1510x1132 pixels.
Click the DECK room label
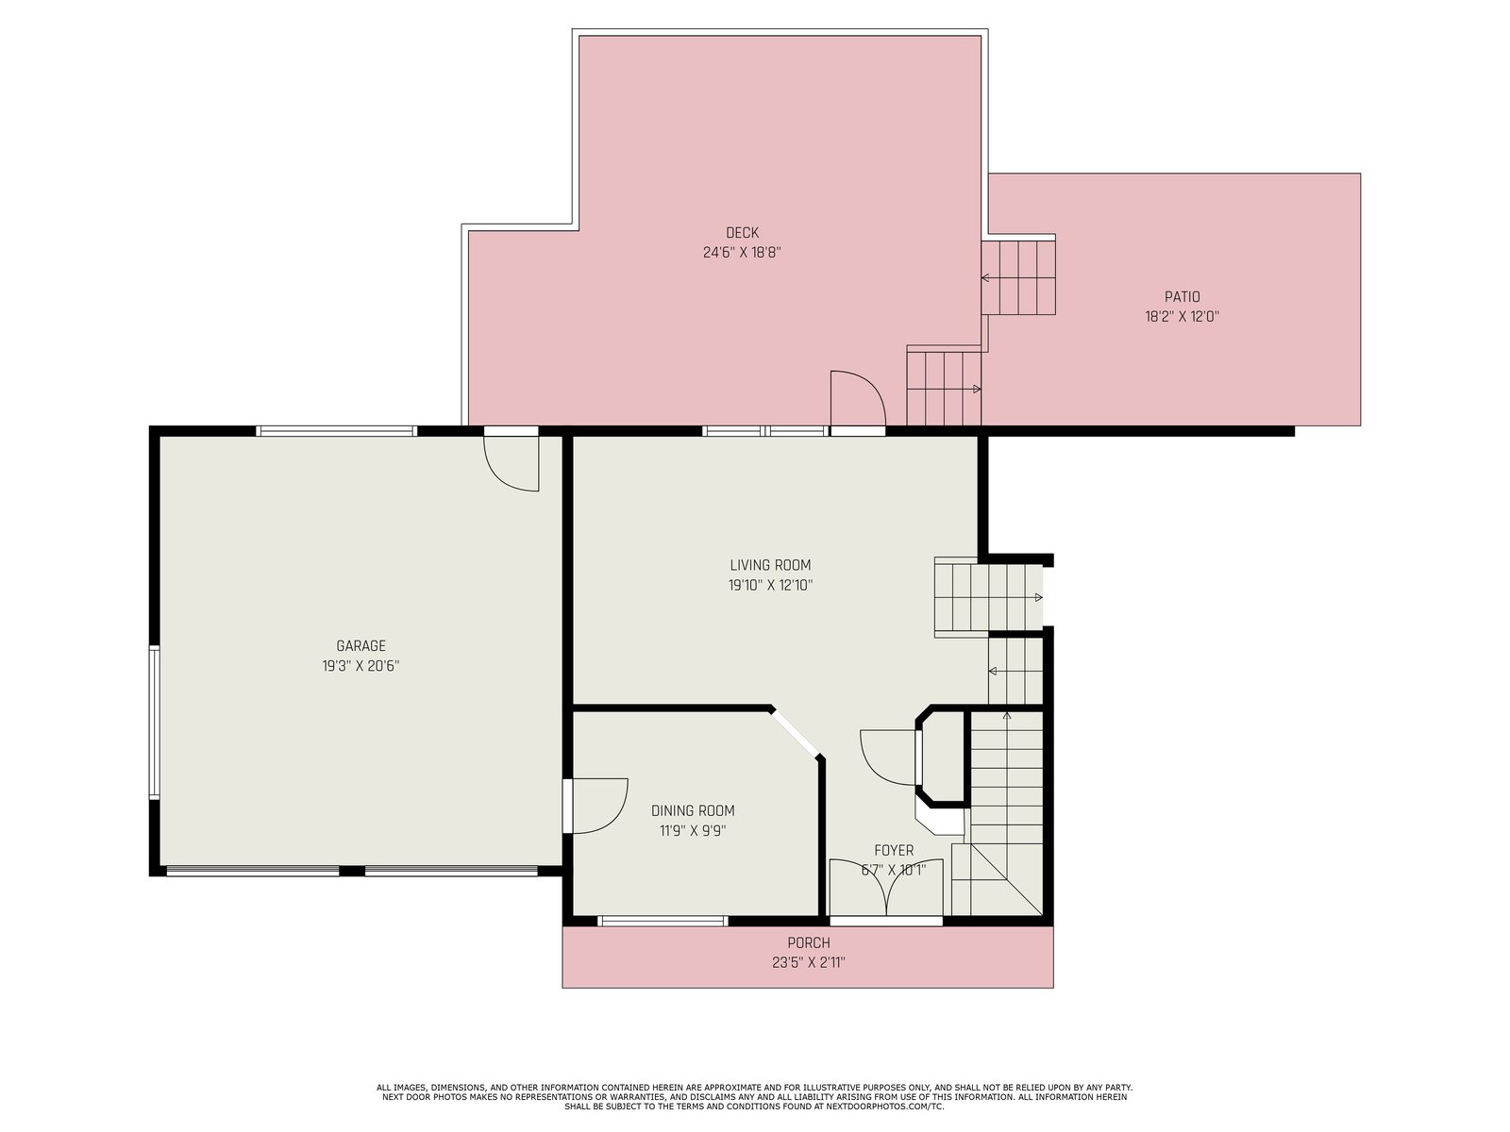coord(742,232)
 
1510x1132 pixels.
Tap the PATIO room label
coord(1182,297)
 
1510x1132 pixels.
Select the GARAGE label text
coord(361,645)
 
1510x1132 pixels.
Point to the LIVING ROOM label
coord(770,565)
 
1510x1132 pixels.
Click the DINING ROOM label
coord(693,810)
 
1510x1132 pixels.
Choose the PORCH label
coord(808,942)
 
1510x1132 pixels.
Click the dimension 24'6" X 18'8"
coord(742,252)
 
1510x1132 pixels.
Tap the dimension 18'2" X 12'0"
coord(1182,317)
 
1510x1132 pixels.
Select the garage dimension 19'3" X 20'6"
coord(361,665)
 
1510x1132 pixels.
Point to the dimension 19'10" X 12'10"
coord(770,585)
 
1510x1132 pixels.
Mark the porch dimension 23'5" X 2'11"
coord(808,962)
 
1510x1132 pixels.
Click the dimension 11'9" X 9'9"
coord(693,830)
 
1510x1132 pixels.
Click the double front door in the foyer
coord(886,887)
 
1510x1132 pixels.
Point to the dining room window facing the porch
coord(663,921)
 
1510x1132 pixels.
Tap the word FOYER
coord(894,850)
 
